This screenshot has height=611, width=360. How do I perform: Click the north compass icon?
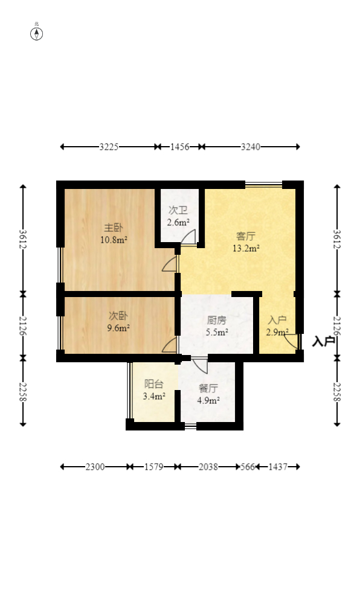tap(37, 34)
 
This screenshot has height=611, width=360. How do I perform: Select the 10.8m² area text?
tap(114, 240)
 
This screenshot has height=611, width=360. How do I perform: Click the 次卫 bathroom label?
tap(178, 211)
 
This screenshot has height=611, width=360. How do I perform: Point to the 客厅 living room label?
tap(246, 236)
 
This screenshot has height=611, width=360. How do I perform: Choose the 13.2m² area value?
tap(246, 248)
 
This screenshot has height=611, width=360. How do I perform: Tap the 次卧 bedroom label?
tap(118, 316)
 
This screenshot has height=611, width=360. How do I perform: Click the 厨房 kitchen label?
tap(216, 321)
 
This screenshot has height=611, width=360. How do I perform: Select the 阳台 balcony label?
tap(154, 384)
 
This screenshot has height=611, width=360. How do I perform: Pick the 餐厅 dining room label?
tap(208, 388)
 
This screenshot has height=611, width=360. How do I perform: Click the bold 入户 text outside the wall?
tap(324, 342)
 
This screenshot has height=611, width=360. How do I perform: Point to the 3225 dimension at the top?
tap(109, 147)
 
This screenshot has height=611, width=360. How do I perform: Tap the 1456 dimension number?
tap(180, 147)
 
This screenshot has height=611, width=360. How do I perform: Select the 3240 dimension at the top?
tap(251, 147)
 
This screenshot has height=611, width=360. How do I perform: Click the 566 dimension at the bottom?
tap(248, 467)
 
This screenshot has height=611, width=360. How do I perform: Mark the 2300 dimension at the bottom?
tap(95, 467)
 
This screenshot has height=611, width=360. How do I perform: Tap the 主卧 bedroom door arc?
tap(169, 264)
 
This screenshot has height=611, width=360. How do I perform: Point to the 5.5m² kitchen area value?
tap(217, 333)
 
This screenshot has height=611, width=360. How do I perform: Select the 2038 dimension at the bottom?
tap(208, 467)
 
